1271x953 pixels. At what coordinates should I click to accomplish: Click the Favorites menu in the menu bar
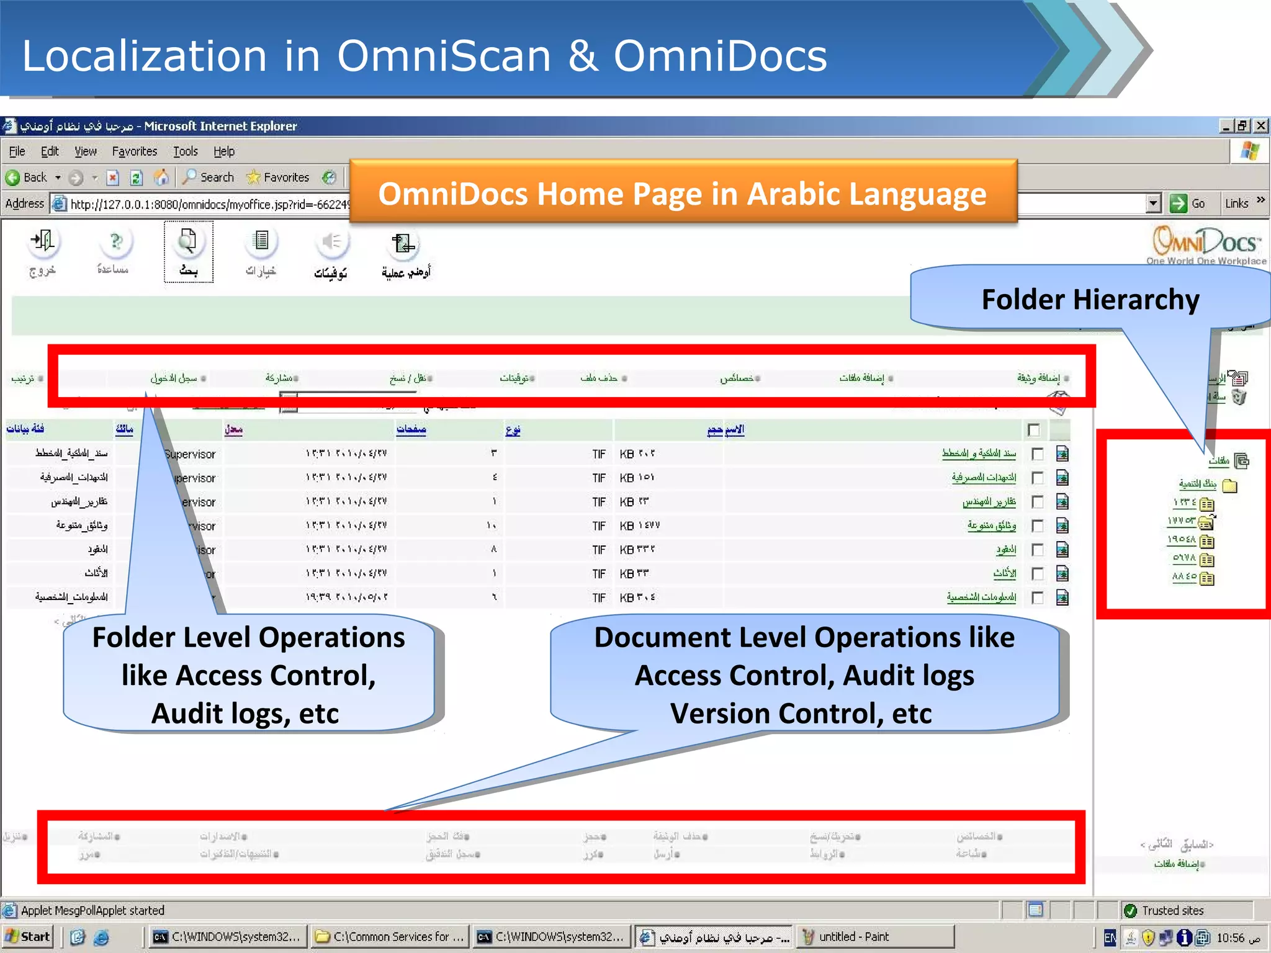[x=134, y=151]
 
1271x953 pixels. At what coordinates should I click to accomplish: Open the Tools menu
[x=185, y=151]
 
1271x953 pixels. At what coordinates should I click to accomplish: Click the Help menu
[x=224, y=151]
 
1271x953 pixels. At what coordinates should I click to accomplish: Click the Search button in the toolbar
[x=209, y=177]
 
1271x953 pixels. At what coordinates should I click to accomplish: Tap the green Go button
[x=1187, y=204]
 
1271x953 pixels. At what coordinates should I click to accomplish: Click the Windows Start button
[x=27, y=937]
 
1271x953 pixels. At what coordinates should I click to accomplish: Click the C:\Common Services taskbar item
[x=390, y=937]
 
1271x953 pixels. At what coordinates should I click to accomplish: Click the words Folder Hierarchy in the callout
[x=1090, y=300]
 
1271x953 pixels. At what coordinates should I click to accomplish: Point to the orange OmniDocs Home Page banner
[x=682, y=194]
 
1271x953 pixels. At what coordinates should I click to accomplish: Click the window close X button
[x=1260, y=126]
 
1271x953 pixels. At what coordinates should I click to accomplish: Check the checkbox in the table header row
[x=1033, y=429]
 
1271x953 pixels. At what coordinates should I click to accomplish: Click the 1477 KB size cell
[x=639, y=526]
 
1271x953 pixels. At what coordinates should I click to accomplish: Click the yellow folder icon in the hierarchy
[x=1229, y=485]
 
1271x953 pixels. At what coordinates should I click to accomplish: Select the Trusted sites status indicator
[x=1165, y=910]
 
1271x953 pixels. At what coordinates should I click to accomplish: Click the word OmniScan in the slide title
[x=444, y=56]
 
